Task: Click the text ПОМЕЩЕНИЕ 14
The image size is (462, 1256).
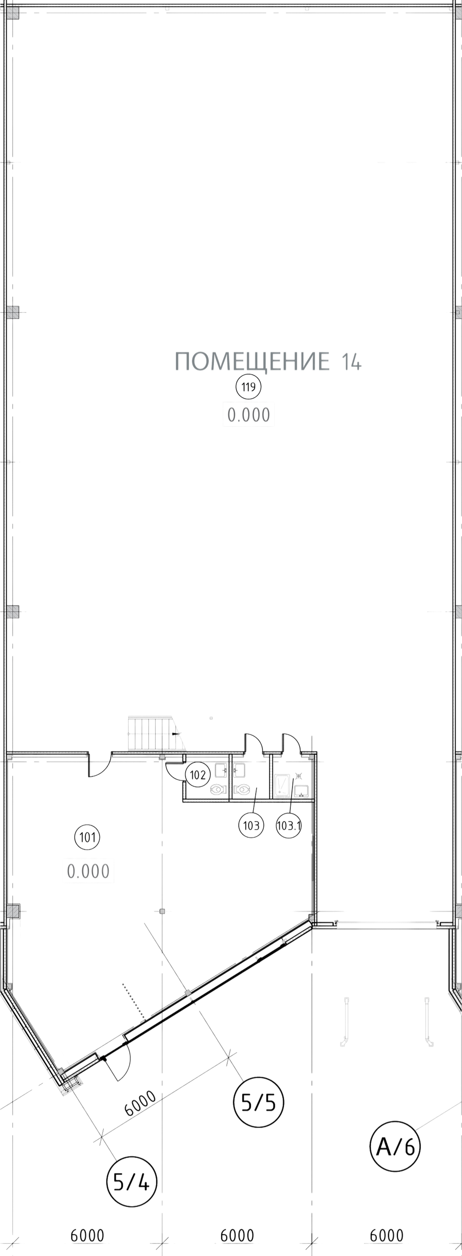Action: click(268, 361)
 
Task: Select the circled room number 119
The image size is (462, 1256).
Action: click(249, 387)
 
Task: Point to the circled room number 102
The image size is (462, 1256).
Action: click(197, 774)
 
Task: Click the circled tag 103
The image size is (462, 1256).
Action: click(251, 825)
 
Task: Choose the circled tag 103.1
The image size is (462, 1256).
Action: click(289, 825)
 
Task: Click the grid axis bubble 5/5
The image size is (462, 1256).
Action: click(259, 1102)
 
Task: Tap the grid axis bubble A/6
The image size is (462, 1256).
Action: click(395, 1146)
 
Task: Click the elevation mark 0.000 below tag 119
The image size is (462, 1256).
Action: click(249, 415)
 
